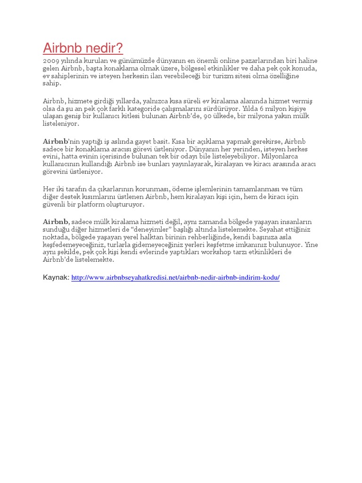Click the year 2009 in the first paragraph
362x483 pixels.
50,61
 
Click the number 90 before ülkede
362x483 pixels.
206,117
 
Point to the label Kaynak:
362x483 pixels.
56,277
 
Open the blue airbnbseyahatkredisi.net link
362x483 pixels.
175,277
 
